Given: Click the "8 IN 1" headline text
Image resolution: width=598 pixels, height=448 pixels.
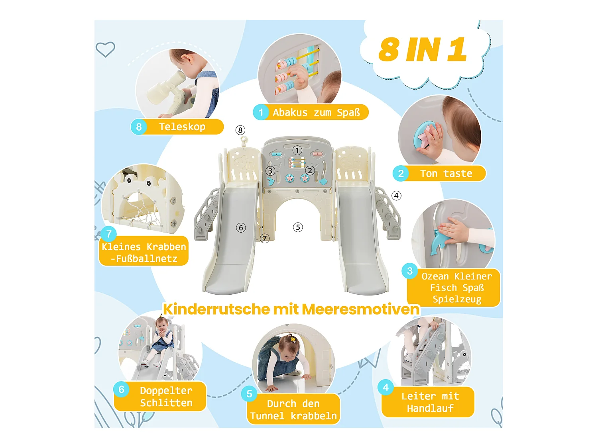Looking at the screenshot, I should (x=422, y=50).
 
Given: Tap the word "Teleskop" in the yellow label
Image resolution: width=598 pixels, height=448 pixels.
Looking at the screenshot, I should (x=182, y=127).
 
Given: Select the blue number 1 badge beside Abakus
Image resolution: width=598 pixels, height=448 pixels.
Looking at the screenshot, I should (x=261, y=112).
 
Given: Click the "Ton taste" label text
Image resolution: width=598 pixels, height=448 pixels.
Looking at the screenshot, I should (x=446, y=174).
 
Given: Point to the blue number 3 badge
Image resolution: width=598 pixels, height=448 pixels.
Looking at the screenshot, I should (x=409, y=271).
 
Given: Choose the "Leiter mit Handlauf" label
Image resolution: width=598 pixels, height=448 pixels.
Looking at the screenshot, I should (x=430, y=402).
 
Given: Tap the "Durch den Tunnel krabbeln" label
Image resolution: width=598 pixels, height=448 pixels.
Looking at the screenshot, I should (x=293, y=410).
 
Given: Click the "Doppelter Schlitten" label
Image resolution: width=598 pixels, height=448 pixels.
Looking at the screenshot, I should (x=166, y=397).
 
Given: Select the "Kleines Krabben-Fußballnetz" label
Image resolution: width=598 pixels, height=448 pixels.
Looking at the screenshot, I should (x=144, y=252).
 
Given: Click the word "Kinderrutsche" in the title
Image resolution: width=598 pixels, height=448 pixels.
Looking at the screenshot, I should (x=216, y=309).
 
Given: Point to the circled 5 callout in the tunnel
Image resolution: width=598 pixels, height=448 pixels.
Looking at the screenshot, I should (x=298, y=227).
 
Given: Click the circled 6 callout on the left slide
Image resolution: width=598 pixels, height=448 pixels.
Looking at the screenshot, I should (x=241, y=228).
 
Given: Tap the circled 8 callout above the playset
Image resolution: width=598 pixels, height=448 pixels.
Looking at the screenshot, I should (x=240, y=130).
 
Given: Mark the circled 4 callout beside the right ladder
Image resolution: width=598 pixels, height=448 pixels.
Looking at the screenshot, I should (x=396, y=196).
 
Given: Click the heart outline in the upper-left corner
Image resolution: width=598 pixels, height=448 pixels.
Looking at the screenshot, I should (x=105, y=49).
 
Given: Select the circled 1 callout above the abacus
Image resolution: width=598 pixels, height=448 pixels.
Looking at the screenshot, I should (x=297, y=150).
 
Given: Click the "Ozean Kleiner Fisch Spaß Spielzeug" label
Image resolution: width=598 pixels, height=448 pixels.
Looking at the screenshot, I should (x=456, y=288).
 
